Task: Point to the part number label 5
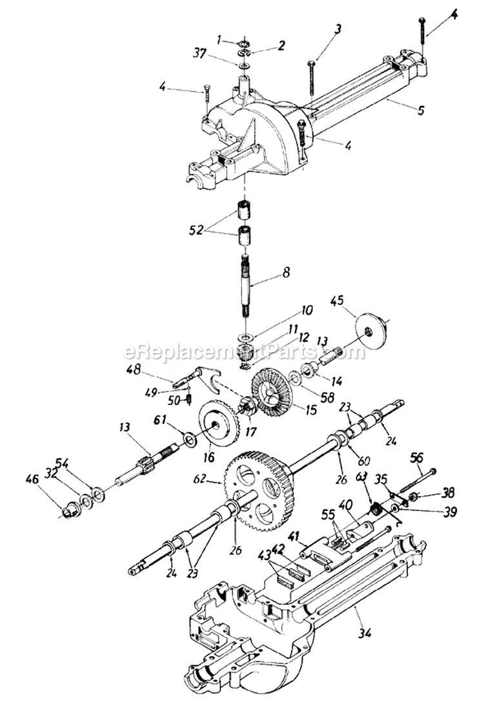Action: [x=420, y=110]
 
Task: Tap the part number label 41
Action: [x=293, y=536]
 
